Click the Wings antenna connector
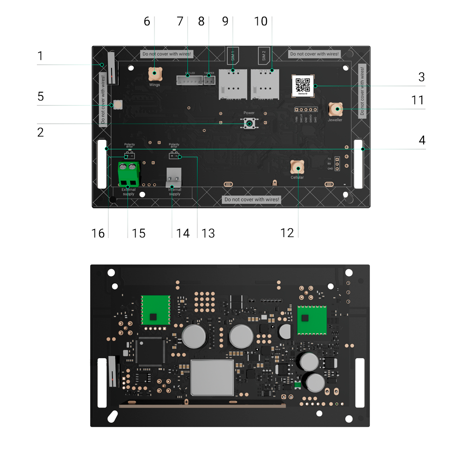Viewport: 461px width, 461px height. tap(154, 73)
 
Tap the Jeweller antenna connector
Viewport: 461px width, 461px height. tap(335, 110)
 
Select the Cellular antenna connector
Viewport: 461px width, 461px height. tap(297, 166)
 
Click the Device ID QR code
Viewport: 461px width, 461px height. tap(303, 86)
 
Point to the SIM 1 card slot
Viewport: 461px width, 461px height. tap(232, 83)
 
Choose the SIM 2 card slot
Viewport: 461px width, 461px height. tap(265, 83)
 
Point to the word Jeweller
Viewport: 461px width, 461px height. tap(335, 120)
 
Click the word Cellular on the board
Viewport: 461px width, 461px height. tap(297, 177)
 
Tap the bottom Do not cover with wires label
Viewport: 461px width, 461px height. tap(252, 200)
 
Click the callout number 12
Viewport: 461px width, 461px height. tap(288, 232)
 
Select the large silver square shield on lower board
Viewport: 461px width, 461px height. tap(212, 378)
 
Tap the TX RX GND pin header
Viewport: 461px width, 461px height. tap(337, 163)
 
